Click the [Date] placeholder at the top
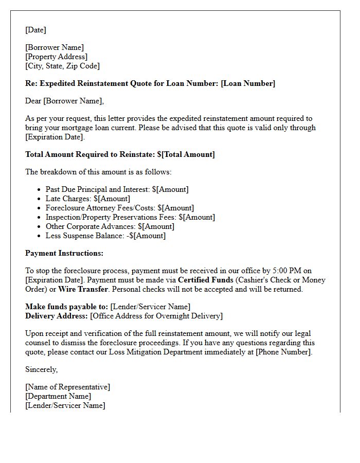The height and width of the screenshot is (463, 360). pos(35,30)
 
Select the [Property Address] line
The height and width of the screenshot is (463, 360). pos(56,57)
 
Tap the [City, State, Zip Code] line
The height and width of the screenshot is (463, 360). pos(62,66)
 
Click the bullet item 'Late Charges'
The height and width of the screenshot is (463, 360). pos(88,199)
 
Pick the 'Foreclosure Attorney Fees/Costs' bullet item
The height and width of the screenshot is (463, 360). pos(120,208)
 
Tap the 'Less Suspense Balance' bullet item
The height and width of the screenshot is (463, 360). pos(105,236)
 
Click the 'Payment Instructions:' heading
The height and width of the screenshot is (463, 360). pos(64,253)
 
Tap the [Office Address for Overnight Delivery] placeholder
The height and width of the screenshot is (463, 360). pos(156,316)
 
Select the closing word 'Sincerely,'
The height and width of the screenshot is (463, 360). pos(42,369)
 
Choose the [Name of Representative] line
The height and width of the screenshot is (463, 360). pos(67,387)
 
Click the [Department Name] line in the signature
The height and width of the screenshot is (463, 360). pos(58,396)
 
